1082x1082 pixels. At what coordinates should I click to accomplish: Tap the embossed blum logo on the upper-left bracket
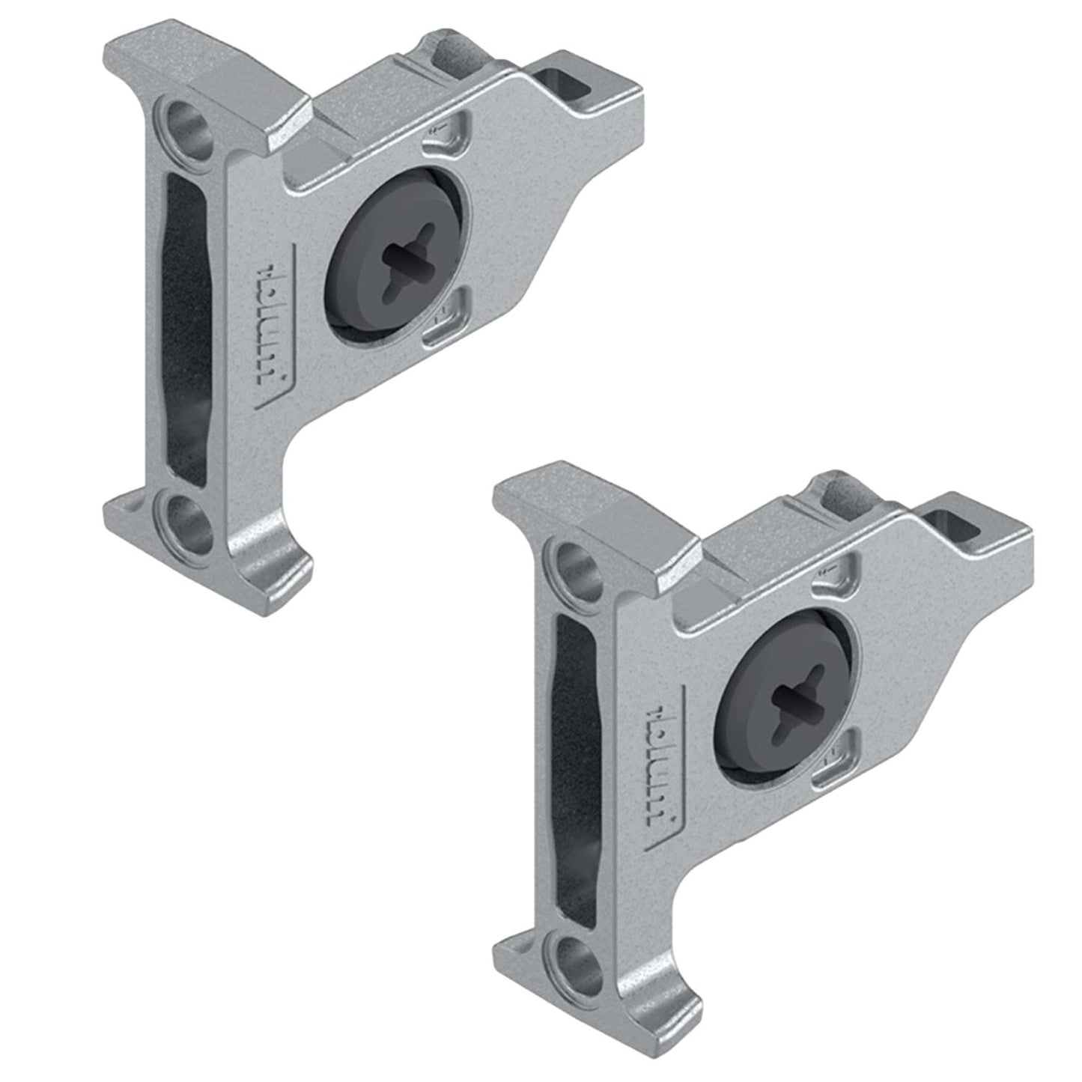tap(281, 344)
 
